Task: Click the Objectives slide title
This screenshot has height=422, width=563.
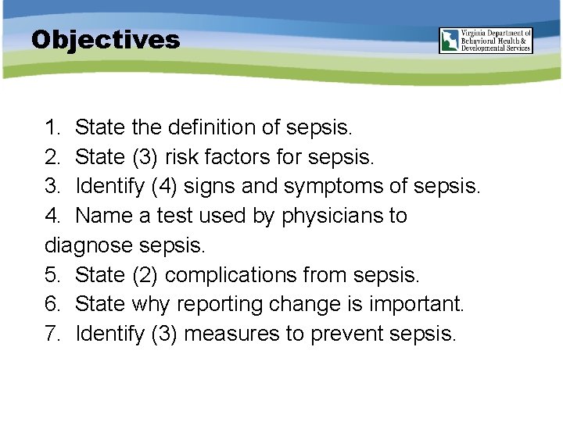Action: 106,40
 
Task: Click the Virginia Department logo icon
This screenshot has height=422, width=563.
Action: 450,41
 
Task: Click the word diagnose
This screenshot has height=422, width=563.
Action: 88,245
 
